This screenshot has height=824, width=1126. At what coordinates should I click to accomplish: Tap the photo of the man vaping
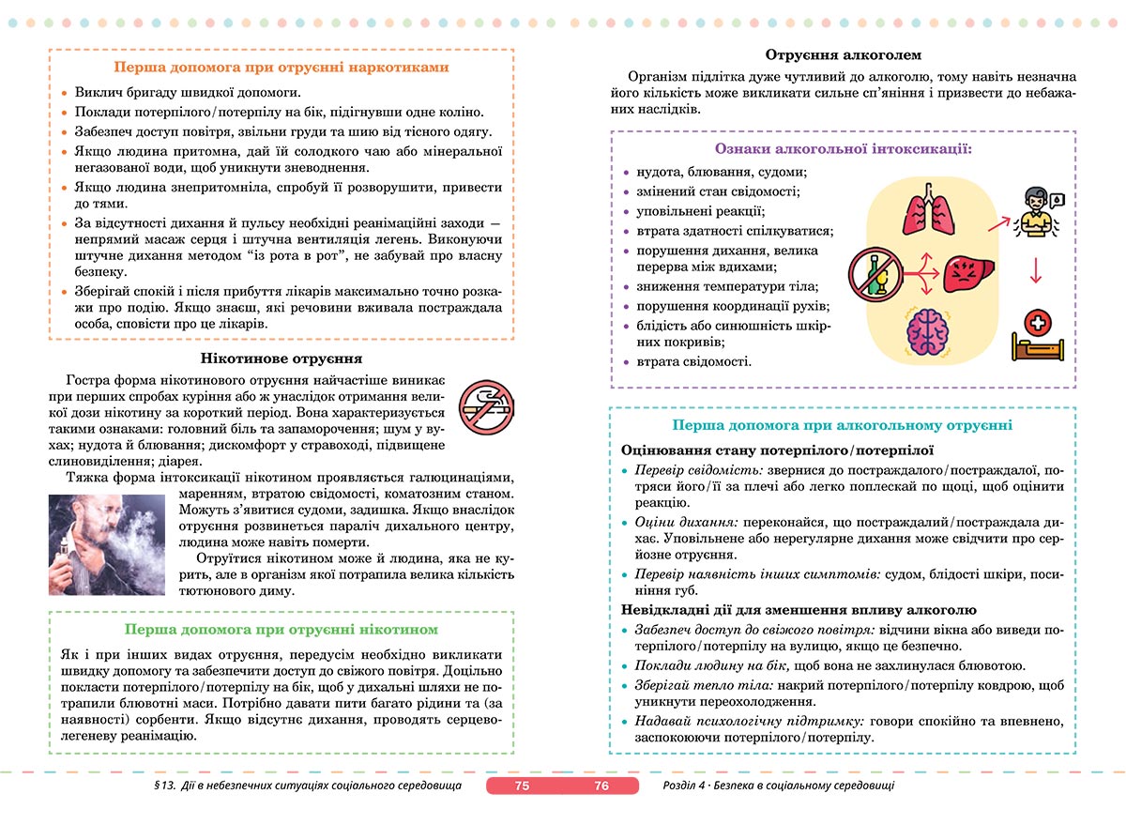106,545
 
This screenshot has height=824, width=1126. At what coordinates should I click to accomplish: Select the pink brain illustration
928,329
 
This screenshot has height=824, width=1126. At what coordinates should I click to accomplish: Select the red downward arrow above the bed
1036,269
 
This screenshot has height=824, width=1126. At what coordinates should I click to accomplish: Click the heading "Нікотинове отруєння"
281,359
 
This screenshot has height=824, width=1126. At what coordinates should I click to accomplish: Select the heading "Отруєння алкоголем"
844,55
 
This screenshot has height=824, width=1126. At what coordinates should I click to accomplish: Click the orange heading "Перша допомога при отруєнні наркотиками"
281,68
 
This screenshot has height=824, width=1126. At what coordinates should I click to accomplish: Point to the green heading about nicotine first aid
281,630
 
